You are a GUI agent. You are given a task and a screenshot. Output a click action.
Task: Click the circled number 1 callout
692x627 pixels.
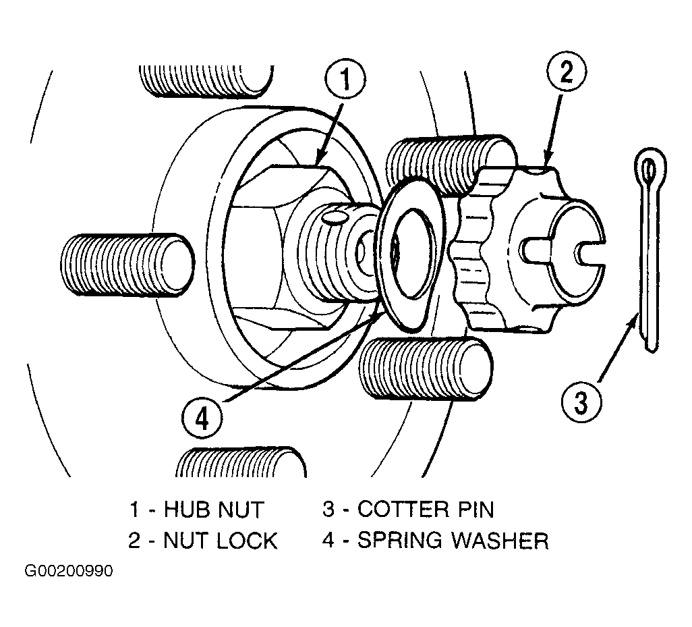click(345, 80)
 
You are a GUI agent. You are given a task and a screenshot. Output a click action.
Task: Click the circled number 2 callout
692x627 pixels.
click(567, 72)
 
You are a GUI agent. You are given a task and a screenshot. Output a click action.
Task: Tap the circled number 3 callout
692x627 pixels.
click(581, 402)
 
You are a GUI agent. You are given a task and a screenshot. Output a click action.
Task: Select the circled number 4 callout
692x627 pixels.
click(202, 418)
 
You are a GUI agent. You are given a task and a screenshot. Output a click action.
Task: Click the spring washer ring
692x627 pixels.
click(387, 256)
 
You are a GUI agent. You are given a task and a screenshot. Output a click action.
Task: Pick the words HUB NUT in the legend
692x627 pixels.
click(214, 510)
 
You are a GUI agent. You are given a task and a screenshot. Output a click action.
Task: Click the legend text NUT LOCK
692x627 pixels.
click(221, 541)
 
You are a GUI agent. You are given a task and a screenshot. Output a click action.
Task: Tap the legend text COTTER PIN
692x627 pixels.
click(426, 509)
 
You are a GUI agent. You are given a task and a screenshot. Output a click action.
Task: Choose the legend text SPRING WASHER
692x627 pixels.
click(453, 540)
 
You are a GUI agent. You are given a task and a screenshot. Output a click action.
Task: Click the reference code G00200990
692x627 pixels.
click(69, 571)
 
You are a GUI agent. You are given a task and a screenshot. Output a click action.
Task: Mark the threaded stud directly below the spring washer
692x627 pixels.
click(426, 369)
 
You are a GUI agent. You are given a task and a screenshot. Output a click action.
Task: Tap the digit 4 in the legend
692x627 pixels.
click(328, 540)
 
